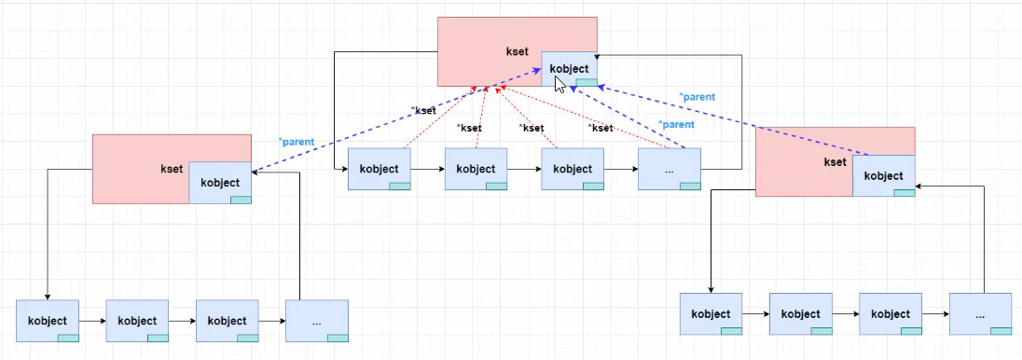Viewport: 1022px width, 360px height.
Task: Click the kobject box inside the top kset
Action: coord(569,68)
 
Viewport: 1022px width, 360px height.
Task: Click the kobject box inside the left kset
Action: coord(220,183)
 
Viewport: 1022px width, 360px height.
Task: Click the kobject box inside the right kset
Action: coord(883,175)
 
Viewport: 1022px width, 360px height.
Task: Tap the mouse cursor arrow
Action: coord(559,84)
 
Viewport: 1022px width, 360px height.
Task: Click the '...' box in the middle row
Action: coord(670,169)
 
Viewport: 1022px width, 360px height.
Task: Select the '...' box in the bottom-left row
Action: coord(317,321)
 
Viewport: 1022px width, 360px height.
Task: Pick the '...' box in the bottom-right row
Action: coord(980,314)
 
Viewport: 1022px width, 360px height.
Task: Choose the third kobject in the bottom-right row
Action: coord(891,314)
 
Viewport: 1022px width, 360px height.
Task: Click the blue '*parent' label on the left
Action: coord(296,142)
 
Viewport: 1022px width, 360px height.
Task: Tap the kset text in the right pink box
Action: coord(835,162)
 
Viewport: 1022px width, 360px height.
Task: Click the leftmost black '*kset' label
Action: coord(424,110)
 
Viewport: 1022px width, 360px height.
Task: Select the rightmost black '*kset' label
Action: coord(601,128)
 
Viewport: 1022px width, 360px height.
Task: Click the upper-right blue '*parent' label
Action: coord(697,96)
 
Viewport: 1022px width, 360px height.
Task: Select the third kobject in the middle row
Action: coord(573,169)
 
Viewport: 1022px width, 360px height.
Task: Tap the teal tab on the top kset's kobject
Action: coord(586,83)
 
